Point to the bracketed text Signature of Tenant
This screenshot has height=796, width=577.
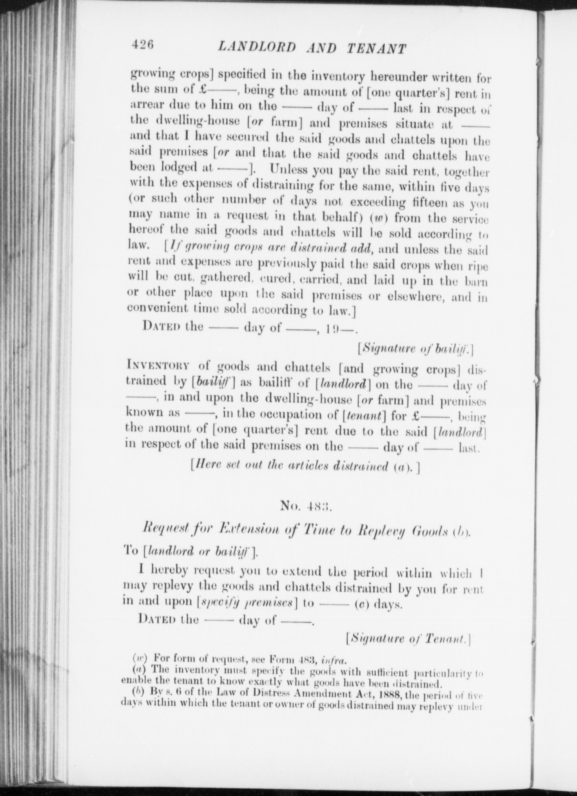coord(408,639)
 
